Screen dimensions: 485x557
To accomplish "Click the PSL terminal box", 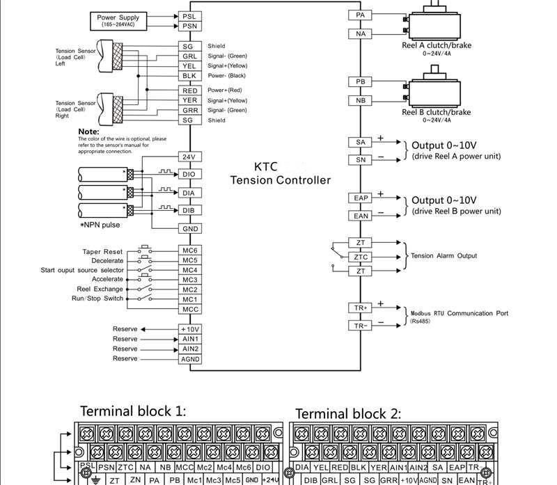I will (189, 15).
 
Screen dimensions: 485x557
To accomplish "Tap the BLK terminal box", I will (189, 75).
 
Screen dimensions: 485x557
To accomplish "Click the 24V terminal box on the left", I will (189, 157).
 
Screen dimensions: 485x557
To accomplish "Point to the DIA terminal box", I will (189, 193).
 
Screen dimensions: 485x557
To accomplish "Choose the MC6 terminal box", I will (189, 251).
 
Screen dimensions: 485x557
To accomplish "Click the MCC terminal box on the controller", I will (189, 309).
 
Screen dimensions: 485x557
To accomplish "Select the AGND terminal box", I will (189, 359).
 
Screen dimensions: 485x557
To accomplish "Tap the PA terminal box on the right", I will (360, 15).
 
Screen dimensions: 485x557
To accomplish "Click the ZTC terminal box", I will (360, 257).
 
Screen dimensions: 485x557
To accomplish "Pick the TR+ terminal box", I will (360, 307).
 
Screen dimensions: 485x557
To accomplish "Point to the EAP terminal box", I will (360, 198).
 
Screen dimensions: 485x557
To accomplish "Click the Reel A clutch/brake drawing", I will (436, 24).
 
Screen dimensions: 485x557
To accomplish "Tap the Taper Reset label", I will (102, 251).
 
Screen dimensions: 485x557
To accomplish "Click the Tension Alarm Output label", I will (444, 255).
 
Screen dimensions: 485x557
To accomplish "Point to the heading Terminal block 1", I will (133, 411).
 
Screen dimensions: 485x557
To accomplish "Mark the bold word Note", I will (88, 131).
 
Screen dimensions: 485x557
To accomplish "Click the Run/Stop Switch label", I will (97, 299).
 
